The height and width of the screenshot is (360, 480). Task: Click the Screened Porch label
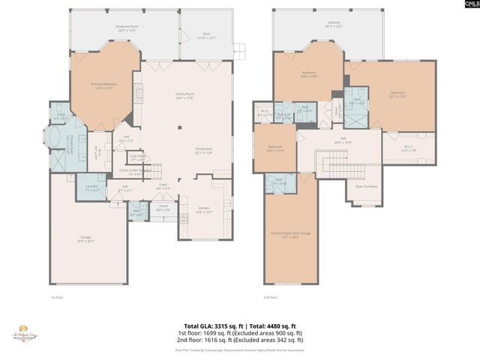127,28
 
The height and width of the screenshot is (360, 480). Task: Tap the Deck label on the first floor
207,35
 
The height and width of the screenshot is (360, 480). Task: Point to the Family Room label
184,95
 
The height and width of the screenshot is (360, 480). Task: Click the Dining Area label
203,150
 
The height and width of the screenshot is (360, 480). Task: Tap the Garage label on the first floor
86,239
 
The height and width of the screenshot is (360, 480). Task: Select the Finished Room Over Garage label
289,235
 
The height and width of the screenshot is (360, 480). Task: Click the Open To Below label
365,186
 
